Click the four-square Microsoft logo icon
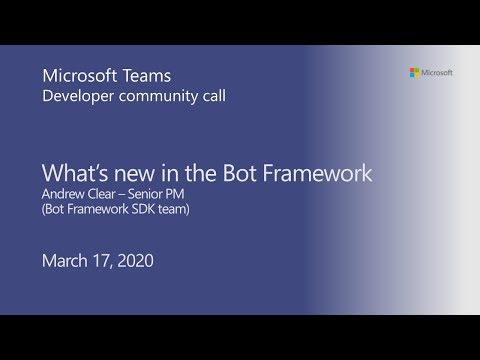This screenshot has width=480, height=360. point(414,72)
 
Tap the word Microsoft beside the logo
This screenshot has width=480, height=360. point(437,72)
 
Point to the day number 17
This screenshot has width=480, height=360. point(107,261)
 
